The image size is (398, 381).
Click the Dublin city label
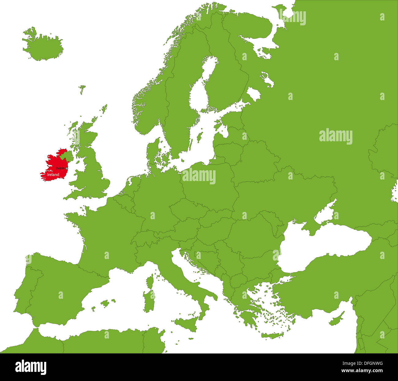pyautogui.click(x=60, y=168)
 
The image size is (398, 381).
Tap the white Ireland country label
pyautogui.click(x=53, y=175)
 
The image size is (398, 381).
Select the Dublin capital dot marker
pyautogui.click(x=67, y=168)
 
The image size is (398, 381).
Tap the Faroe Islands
pyautogui.click(x=82, y=89)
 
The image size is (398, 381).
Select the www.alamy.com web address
pyautogui.click(x=362, y=371)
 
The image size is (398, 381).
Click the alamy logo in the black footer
pyautogui.click(x=31, y=367)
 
